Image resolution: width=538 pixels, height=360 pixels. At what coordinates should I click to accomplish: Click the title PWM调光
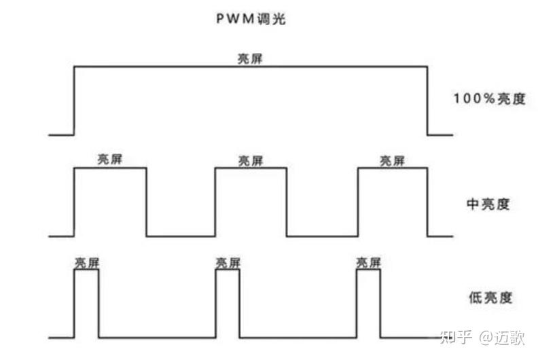251,19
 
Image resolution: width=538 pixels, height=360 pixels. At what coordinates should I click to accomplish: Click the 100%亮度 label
489,98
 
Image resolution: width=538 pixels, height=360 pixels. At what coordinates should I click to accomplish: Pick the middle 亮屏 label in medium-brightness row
250,161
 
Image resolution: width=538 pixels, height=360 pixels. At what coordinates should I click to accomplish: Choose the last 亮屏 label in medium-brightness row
392,161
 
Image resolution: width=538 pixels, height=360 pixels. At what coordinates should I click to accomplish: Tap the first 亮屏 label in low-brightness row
86,263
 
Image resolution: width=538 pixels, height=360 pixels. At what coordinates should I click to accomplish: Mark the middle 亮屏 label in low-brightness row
228,263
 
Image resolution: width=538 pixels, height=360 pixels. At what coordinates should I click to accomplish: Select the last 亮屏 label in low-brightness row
369,263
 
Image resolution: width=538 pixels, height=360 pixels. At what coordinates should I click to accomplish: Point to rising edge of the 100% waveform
74,101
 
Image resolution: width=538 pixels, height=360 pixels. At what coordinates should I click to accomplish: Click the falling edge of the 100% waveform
427,101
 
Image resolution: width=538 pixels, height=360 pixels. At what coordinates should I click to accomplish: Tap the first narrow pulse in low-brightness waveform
86,303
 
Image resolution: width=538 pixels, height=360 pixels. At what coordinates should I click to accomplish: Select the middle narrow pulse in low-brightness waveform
228,303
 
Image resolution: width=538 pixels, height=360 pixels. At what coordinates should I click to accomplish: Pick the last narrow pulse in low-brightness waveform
369,303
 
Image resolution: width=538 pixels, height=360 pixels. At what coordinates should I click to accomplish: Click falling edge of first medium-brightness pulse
146,202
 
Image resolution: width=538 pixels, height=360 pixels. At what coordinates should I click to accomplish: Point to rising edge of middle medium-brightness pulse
215,202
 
